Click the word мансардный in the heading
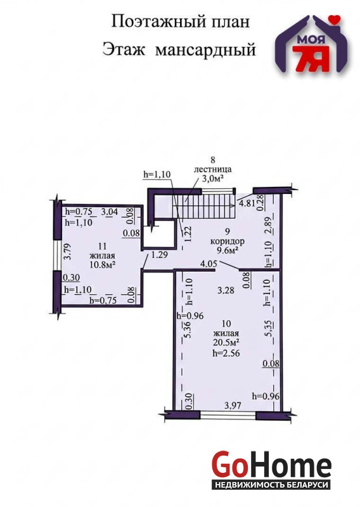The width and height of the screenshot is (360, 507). point(205,51)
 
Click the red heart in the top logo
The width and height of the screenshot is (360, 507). point(337,19)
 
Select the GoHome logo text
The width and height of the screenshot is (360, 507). point(272,466)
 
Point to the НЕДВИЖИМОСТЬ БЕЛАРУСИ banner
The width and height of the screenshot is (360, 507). point(272,485)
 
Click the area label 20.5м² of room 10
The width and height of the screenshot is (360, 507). point(226,343)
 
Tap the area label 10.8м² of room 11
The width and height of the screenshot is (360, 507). point(103,264)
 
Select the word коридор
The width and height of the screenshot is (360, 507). point(228,241)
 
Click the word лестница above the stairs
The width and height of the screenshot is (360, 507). point(212,169)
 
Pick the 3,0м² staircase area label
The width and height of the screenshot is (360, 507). point(213,179)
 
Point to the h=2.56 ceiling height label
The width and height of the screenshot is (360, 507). point(226,354)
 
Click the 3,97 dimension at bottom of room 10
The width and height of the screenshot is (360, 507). point(232,405)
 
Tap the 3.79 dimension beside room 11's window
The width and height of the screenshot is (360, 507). point(67,252)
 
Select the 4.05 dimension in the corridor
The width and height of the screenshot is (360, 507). point(209,264)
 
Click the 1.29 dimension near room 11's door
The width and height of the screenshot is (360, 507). point(160,255)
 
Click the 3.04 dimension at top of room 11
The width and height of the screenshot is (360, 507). point(110,212)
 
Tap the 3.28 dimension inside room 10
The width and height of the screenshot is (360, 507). point(226,290)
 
